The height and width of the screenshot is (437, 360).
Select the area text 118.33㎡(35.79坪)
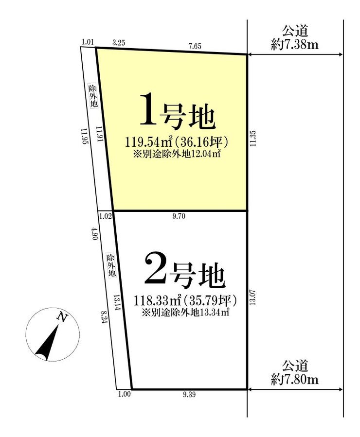tap(185, 301)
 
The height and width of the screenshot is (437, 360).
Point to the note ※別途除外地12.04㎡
tap(177, 154)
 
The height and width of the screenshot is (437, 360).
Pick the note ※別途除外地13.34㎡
tap(185, 313)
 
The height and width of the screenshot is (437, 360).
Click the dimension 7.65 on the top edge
tap(195, 46)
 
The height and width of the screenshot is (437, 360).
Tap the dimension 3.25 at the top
tap(119, 43)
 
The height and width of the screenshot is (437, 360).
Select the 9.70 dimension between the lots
tap(179, 216)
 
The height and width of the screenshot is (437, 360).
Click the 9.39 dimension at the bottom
tap(189, 394)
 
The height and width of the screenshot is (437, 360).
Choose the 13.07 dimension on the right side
tap(252, 298)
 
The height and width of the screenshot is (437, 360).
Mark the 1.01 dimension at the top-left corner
tap(88, 42)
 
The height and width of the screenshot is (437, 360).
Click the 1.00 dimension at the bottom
tap(125, 394)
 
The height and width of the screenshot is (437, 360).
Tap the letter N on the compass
tap(62, 317)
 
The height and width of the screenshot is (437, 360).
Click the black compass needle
tap(47, 343)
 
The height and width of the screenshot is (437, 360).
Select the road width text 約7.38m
tap(295, 45)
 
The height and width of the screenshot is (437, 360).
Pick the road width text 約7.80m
tap(295, 379)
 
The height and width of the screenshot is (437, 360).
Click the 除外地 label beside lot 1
tap(93, 96)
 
